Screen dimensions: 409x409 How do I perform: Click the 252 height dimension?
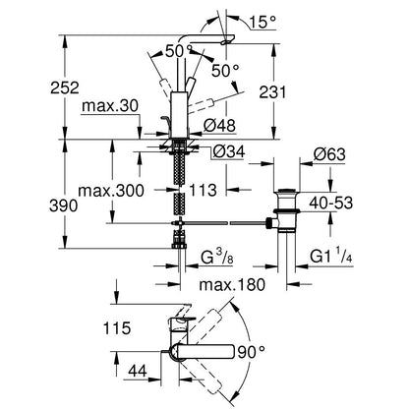coord(65,88)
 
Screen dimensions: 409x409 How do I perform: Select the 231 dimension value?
coord(272,92)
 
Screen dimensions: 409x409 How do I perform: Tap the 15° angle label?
coord(263,22)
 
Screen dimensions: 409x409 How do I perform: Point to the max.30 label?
coord(110,106)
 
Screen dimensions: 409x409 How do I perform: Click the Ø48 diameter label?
coord(219,125)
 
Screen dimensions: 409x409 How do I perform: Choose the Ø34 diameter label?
coord(229,151)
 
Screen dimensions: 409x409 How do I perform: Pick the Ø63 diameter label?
coord(329,154)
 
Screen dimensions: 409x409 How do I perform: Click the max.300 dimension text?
coord(111,190)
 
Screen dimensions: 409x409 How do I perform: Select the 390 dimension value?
coord(64,205)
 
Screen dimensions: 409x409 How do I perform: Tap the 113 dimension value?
coord(203,190)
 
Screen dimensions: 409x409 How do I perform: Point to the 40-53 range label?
coord(331,204)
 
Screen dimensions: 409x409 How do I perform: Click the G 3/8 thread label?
coord(217,258)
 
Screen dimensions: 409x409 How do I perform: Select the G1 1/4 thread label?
coord(331,258)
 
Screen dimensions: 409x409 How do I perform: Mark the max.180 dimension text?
coord(232,285)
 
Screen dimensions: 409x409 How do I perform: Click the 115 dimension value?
coord(117,328)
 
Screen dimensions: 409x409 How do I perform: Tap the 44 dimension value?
coord(138,372)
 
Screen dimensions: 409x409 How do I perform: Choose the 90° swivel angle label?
coord(252,352)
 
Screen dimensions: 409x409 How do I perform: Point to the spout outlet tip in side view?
coord(225,42)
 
